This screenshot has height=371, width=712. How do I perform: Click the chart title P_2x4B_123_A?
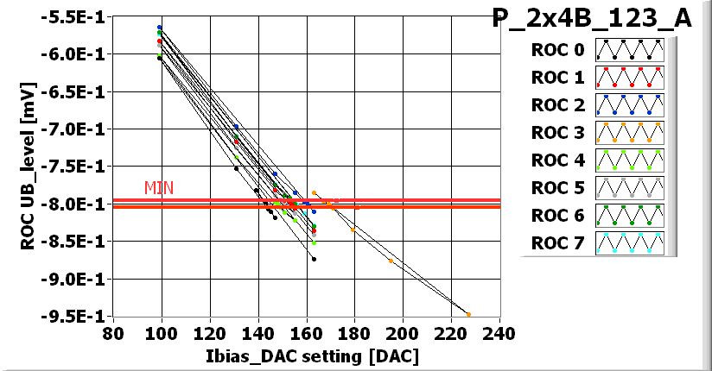[x=591, y=20]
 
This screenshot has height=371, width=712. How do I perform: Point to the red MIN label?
[x=159, y=187]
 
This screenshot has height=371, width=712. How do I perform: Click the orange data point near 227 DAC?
[x=468, y=314]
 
